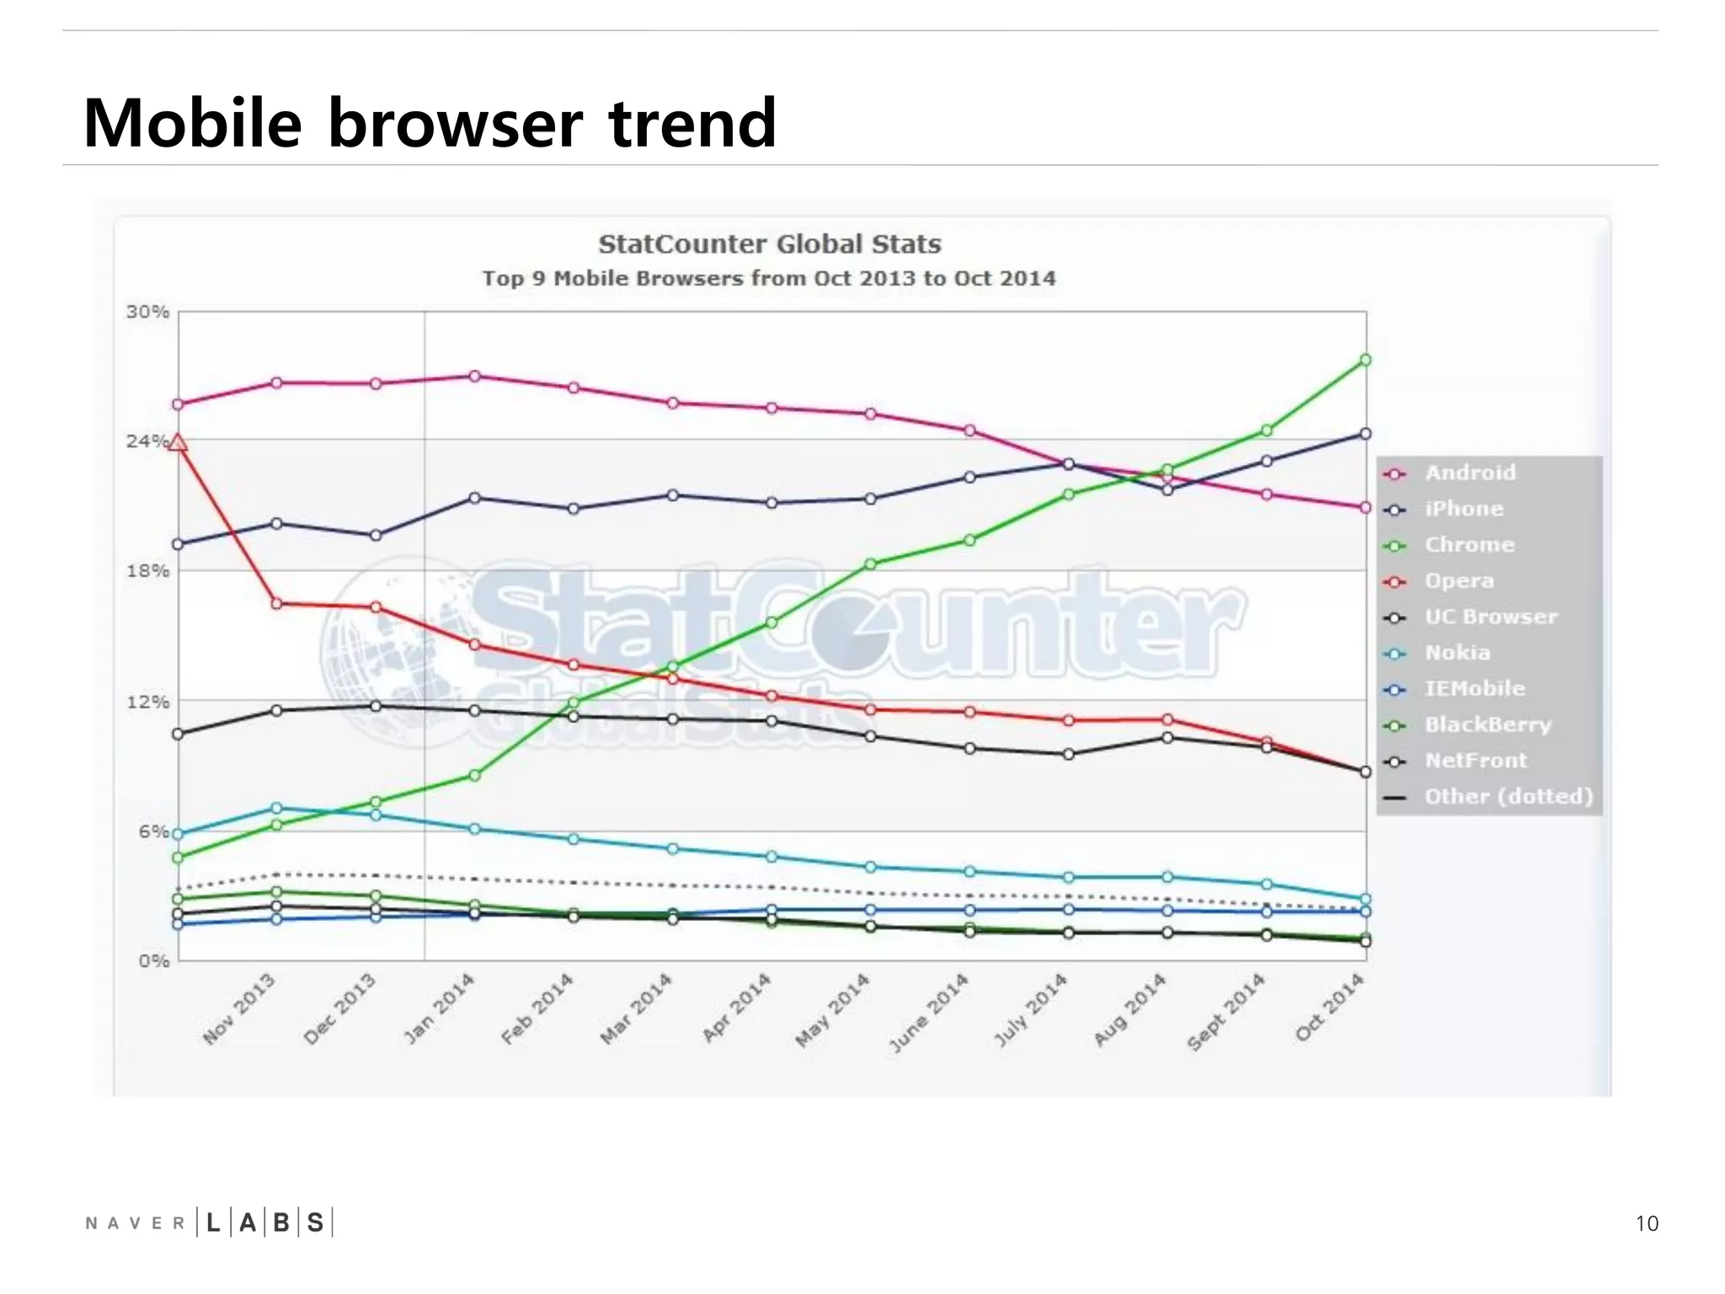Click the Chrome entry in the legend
(x=1468, y=545)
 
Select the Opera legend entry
(x=1458, y=581)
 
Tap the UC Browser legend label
(x=1490, y=617)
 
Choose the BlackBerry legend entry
(x=1487, y=725)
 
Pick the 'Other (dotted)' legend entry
(x=1508, y=797)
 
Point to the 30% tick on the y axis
(x=148, y=313)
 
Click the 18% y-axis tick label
(x=148, y=571)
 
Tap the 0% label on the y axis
(x=154, y=961)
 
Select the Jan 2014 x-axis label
(x=440, y=1008)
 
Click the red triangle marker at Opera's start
(x=178, y=442)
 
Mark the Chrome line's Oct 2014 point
(x=1365, y=361)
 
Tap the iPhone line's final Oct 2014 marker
(x=1365, y=434)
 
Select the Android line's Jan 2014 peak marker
(x=475, y=377)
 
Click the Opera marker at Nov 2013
(x=276, y=604)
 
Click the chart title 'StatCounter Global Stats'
(x=769, y=244)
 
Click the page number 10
(x=1647, y=1223)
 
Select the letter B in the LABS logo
(x=281, y=1222)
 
